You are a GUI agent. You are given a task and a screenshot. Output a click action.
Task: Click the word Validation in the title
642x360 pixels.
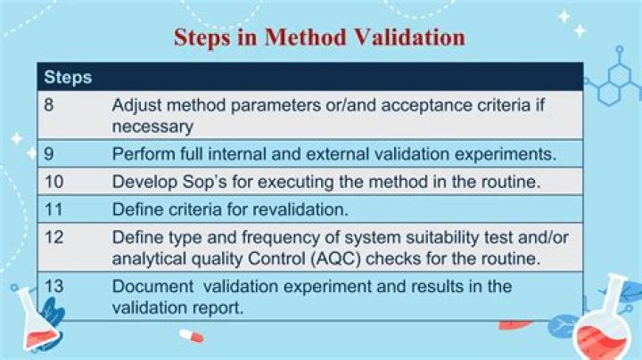tap(409, 37)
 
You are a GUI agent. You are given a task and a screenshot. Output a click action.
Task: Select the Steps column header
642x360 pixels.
tap(68, 78)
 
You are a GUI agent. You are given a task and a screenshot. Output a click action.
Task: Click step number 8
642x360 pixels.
tap(49, 105)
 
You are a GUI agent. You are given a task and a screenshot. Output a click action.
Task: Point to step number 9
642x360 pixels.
tap(49, 154)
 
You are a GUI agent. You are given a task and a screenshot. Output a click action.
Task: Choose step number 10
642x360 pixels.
tap(53, 182)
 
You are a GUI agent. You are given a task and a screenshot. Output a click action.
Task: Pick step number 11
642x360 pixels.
tap(53, 209)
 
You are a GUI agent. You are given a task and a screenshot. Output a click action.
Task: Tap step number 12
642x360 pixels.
tap(53, 237)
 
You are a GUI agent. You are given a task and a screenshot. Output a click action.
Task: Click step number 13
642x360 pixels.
tap(53, 286)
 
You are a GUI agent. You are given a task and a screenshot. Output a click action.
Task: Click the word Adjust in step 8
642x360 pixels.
tap(136, 106)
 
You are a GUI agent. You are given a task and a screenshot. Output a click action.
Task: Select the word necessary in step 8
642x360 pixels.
tap(152, 127)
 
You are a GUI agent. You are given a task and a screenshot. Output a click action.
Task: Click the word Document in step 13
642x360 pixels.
tap(152, 286)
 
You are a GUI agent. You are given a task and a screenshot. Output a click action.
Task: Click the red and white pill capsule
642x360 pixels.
tap(191, 336)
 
